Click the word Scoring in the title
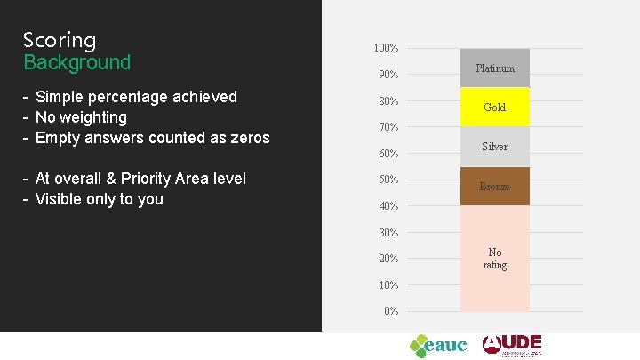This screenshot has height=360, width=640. pos(60,40)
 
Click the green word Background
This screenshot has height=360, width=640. pos(76,62)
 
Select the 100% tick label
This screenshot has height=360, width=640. pos(386,47)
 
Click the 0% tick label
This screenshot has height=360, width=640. pos(389,311)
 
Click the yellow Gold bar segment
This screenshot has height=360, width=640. pos(495,107)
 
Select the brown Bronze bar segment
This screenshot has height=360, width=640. pos(495,187)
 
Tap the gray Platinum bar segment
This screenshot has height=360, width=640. pos(495,68)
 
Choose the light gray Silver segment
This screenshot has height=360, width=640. pos(495,147)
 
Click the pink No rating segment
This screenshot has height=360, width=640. pos(495,259)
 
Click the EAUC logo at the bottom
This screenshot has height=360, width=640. pos(437,345)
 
